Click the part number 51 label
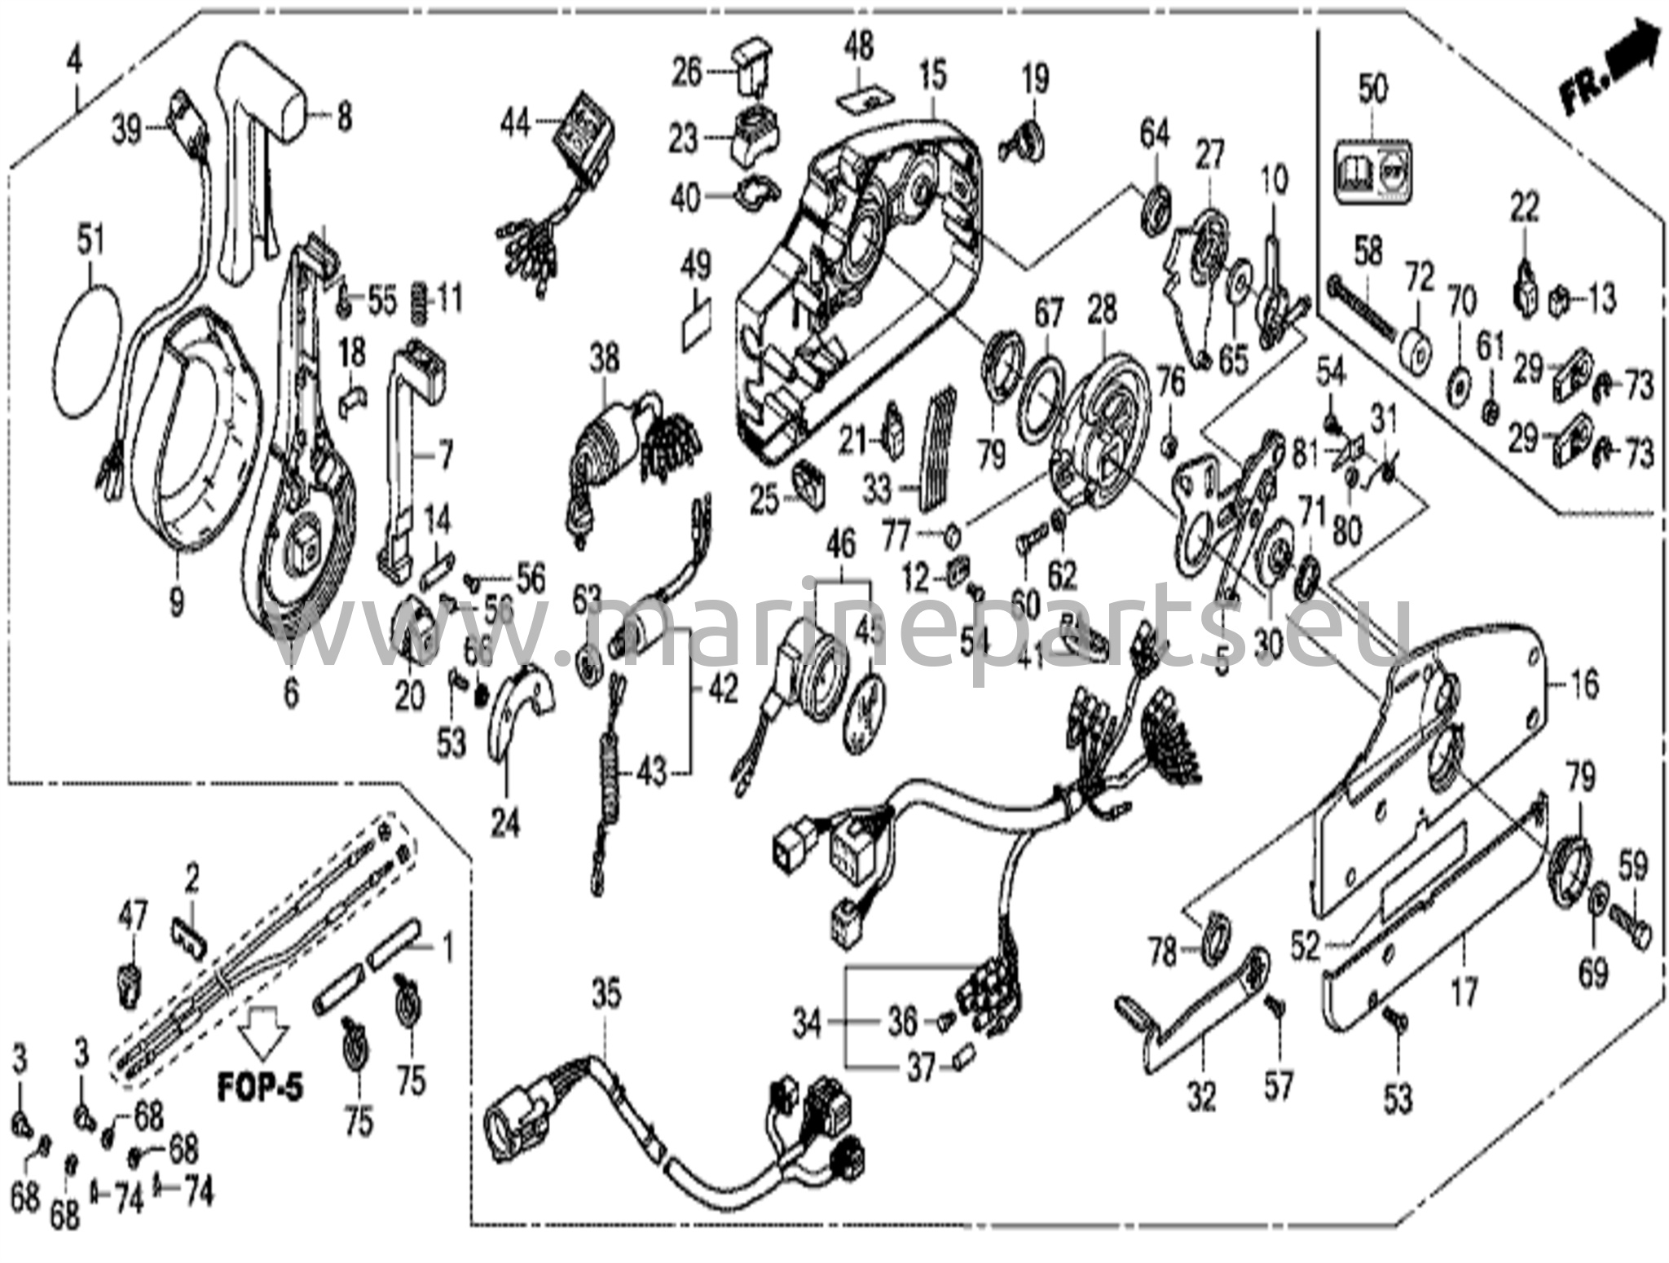click(91, 242)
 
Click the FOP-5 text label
click(260, 1087)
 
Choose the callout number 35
click(606, 995)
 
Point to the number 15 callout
click(933, 75)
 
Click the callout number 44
click(515, 125)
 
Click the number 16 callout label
click(1583, 684)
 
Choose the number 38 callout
click(605, 359)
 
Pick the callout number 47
click(132, 918)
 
